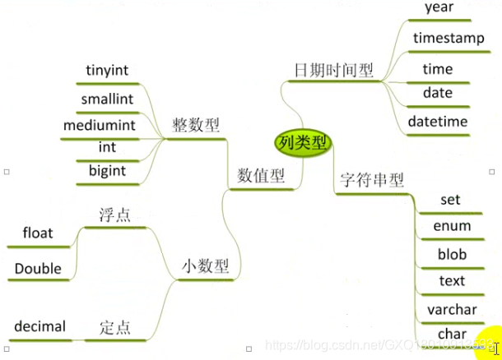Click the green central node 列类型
click(302, 142)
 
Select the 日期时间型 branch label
click(333, 70)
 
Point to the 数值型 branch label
click(260, 175)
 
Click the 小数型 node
click(205, 266)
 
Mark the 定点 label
click(114, 327)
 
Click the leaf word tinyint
click(106, 70)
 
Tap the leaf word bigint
click(107, 170)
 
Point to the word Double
click(38, 268)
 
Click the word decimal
click(40, 326)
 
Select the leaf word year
click(439, 7)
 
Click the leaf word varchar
click(452, 309)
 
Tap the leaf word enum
click(452, 225)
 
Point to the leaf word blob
click(452, 254)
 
